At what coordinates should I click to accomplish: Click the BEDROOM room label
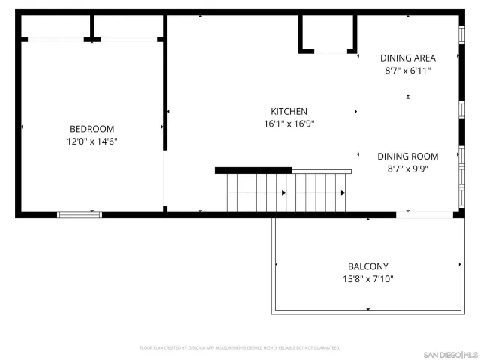coord(91,128)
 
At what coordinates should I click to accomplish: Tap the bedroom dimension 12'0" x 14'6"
coord(91,141)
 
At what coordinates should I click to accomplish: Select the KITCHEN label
coord(289,111)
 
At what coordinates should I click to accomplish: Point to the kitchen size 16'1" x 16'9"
coord(289,124)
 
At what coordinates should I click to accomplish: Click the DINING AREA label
coord(407,58)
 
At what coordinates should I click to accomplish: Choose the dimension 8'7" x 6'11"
coord(407,70)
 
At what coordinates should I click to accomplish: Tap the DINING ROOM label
coord(407,157)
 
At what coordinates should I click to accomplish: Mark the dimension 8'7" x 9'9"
coord(407,169)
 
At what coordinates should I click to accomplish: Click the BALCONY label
coord(367,266)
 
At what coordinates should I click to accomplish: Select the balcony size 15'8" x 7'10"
coord(367,279)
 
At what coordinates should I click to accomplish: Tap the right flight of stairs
coord(320,193)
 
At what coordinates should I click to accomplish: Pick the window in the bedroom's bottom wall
coord(79,215)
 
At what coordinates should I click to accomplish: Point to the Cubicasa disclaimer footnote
coord(240,348)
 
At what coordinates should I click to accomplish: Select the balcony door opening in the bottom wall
coord(424,215)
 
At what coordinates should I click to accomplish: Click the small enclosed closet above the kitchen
coord(327,33)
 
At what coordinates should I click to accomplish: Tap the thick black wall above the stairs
coord(253,170)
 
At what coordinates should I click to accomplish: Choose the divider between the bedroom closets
coord(92,28)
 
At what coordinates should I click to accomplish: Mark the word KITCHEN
coord(289,111)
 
